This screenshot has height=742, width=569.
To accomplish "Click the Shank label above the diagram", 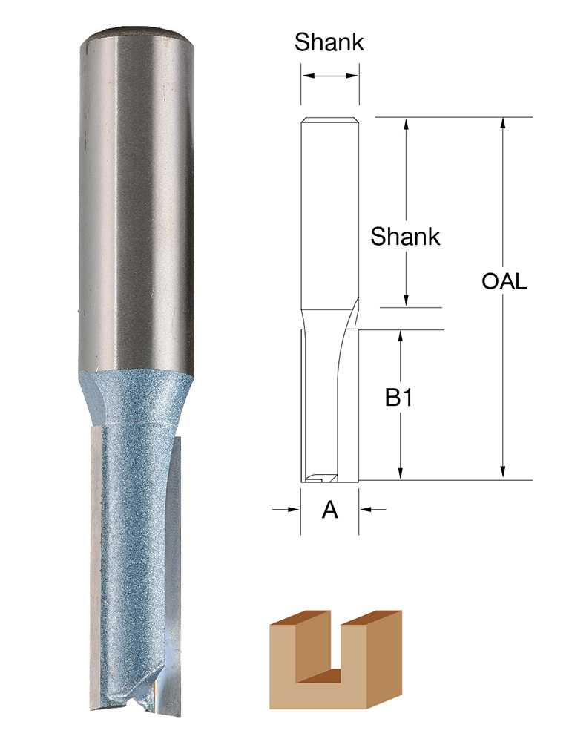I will pos(329,42).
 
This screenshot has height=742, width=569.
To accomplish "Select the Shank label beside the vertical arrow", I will pos(405,237).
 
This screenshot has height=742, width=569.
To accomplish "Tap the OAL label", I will pos(504,282).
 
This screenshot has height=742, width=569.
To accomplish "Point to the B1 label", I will pos(398,398).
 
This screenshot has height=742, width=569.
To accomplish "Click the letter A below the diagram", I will pos(330,510).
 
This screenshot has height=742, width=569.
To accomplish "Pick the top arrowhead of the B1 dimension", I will pos(401,337).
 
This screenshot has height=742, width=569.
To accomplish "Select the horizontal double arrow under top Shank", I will pos(330,76).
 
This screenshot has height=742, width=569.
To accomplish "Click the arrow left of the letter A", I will pos(286,509).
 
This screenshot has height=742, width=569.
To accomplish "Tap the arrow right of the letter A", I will pos(373,509).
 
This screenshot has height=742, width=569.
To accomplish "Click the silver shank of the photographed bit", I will pos(137,200).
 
